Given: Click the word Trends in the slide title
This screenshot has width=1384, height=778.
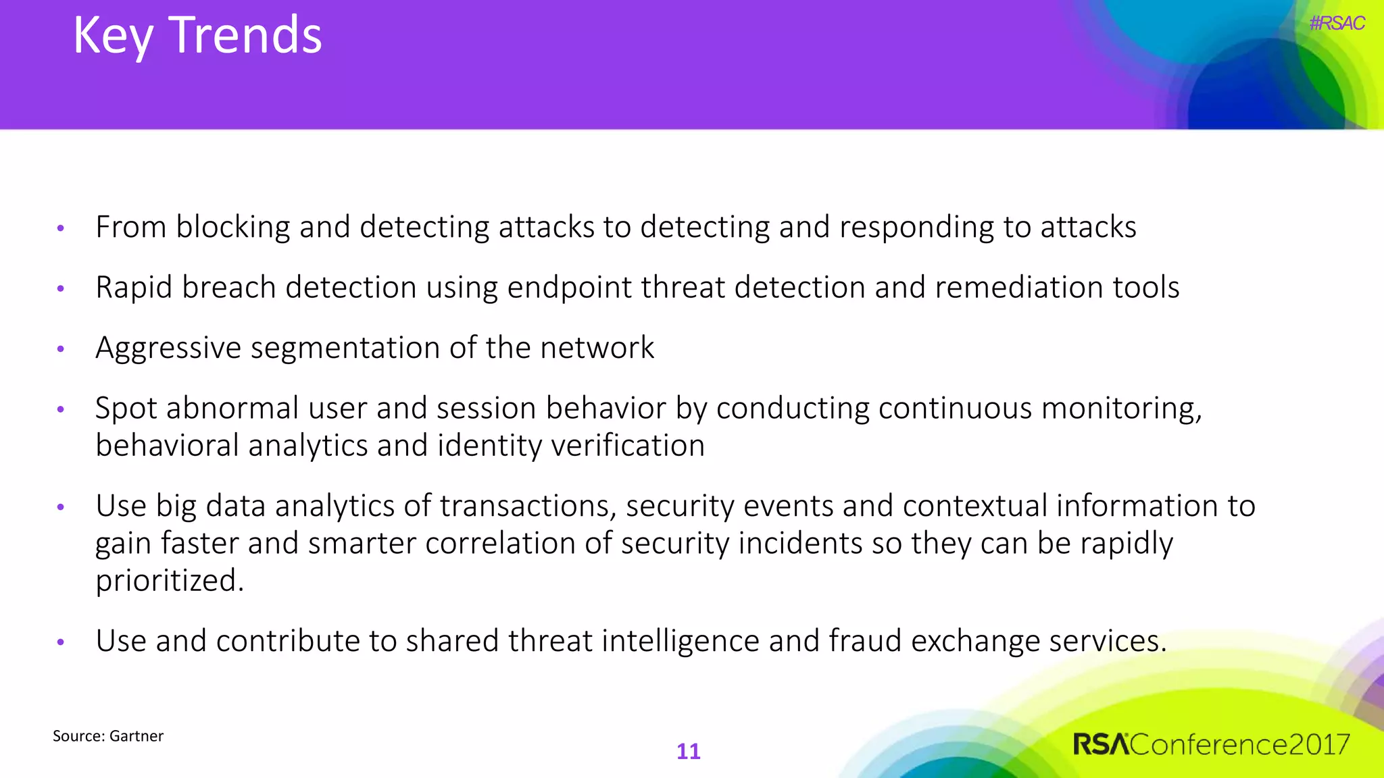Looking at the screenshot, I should point(245,35).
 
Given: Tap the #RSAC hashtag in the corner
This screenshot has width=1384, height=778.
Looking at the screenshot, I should point(1337,24).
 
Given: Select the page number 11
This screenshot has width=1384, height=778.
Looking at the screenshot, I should point(689,752).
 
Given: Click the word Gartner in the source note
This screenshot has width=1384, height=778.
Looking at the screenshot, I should point(137,736).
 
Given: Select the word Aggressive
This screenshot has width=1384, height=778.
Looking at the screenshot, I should point(168,348).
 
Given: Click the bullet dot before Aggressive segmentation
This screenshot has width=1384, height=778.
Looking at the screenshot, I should point(61,349).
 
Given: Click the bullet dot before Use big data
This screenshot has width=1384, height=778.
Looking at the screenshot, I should point(61,507).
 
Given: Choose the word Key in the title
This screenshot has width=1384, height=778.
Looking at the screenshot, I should point(113,35).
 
